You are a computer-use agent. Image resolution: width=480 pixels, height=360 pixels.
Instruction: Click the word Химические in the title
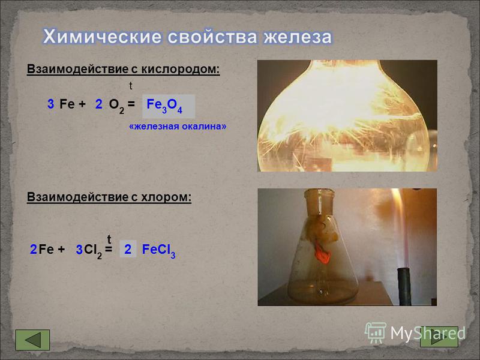tap(102, 37)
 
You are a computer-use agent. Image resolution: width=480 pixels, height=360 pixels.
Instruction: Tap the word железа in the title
tap(298, 37)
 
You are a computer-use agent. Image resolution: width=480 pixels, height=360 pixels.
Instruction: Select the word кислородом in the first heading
tap(181, 69)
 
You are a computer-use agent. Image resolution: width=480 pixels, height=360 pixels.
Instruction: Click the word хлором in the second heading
tap(166, 197)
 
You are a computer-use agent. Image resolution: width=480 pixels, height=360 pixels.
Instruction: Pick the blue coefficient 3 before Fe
tap(51, 104)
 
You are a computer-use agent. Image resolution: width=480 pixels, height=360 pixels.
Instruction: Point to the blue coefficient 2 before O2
tap(98, 104)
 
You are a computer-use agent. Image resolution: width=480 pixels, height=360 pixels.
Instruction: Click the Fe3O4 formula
tap(164, 106)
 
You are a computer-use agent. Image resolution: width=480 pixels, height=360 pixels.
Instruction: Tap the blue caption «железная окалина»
tap(178, 127)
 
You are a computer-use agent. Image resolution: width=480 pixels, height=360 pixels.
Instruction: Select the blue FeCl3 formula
tap(158, 251)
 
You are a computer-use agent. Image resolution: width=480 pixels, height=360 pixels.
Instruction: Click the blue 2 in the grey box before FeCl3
tap(128, 250)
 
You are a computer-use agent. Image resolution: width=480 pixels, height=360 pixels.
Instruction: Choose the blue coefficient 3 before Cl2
tap(79, 250)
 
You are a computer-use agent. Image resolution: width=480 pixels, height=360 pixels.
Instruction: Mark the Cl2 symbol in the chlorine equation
tap(93, 251)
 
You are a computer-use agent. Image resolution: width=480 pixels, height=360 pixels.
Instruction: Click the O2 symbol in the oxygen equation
tap(116, 106)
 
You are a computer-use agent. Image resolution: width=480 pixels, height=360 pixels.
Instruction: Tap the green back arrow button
tap(32, 340)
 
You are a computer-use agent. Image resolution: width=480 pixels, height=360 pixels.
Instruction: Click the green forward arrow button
tap(439, 337)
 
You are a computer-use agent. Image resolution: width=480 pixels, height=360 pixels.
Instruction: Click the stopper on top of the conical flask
tap(319, 202)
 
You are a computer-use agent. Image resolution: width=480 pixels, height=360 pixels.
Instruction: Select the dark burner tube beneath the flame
tap(404, 286)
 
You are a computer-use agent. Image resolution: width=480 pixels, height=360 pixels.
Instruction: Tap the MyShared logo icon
tap(375, 333)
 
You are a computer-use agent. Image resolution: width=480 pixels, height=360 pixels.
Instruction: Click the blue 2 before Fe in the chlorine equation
tap(34, 250)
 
